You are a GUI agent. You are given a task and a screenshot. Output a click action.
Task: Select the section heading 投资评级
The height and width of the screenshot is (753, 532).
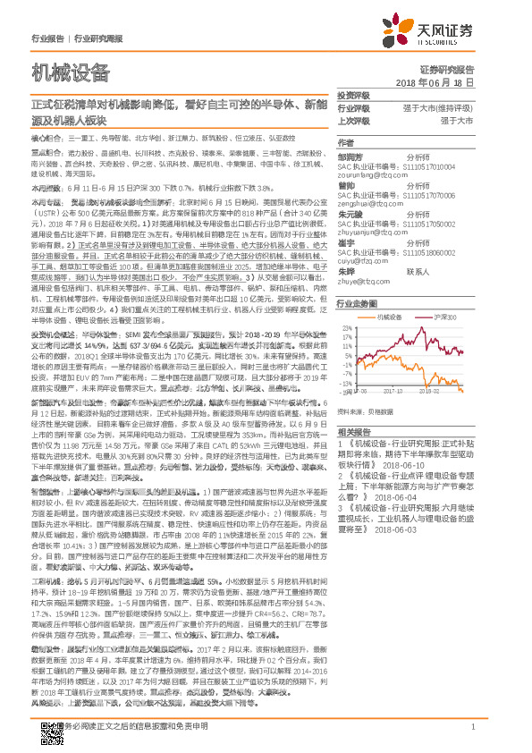352,96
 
